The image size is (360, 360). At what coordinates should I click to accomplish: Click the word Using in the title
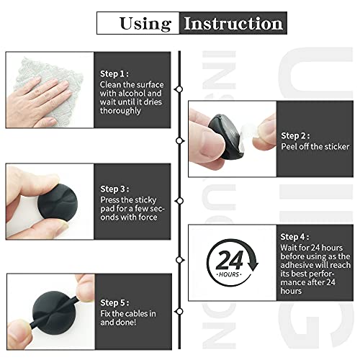145,22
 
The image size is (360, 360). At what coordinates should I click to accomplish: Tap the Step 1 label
115,73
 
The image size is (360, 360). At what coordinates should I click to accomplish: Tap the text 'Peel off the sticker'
315,146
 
